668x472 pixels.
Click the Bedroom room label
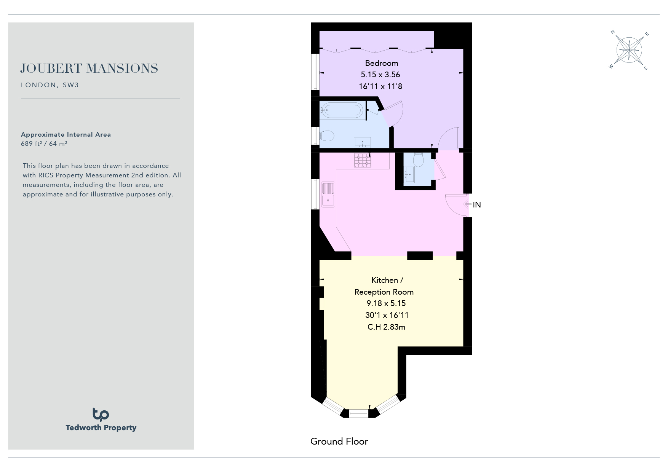[x=381, y=63]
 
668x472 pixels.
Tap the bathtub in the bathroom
[x=341, y=111]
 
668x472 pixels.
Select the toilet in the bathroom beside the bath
[x=327, y=136]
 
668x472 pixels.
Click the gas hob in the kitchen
[x=363, y=160]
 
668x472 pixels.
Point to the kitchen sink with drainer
[x=328, y=195]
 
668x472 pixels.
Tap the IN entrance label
[x=477, y=205]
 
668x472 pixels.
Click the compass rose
[x=629, y=50]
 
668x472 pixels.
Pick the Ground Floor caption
[x=339, y=442]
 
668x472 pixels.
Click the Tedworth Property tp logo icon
[x=101, y=415]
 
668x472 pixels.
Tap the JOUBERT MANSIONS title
[x=89, y=69]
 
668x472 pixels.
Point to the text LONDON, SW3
[x=50, y=85]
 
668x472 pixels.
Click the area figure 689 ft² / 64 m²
[x=44, y=144]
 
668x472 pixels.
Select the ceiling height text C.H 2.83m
[x=386, y=327]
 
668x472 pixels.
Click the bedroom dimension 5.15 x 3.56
[x=380, y=75]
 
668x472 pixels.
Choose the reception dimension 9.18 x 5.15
[x=386, y=303]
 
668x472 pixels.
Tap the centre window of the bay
[x=359, y=413]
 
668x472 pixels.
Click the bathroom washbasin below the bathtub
[x=363, y=142]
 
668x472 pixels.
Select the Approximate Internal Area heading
[x=66, y=134]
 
